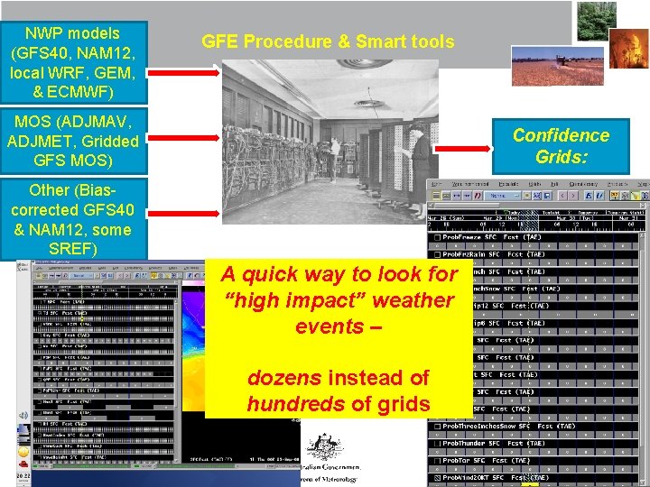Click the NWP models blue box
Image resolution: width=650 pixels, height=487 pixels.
(x=73, y=60)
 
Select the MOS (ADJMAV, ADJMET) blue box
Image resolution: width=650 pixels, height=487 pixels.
(x=73, y=142)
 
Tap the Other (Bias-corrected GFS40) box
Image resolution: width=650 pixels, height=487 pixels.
(x=73, y=219)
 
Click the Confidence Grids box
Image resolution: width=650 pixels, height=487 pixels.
(x=561, y=146)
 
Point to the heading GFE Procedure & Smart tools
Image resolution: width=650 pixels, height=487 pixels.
(x=328, y=41)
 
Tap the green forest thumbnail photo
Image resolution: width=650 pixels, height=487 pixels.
(x=597, y=21)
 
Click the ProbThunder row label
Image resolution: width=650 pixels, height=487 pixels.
(x=470, y=443)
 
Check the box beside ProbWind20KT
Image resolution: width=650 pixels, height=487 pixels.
(x=435, y=477)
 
